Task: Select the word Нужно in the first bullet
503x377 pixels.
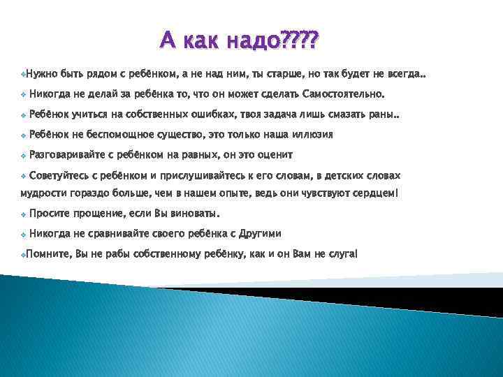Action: [x=41, y=73]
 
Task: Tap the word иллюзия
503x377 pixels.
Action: [x=309, y=135]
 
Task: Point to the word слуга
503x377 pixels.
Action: [x=342, y=254]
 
